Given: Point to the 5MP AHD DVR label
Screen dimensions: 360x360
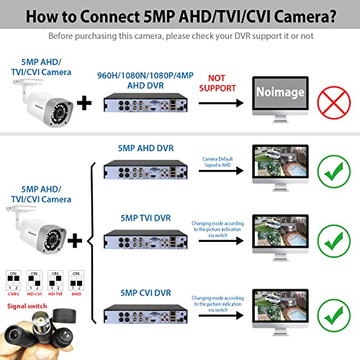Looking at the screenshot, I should click(x=149, y=147).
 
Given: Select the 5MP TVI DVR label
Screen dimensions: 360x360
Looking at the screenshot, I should click(x=149, y=217).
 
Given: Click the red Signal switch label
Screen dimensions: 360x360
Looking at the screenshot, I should click(x=30, y=305).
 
